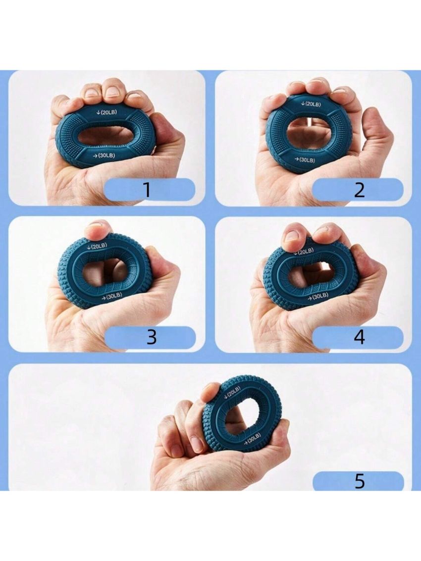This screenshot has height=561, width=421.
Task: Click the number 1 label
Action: tap(147, 190)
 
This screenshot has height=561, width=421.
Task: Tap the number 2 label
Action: tap(359, 190)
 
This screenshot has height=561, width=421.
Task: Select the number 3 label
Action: tap(152, 337)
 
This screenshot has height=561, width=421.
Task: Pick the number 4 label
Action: tap(359, 337)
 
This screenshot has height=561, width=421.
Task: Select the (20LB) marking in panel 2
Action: tap(312, 104)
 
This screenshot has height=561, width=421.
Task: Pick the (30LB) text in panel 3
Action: tap(114, 296)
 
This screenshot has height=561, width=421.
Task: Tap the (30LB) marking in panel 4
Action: tap(318, 296)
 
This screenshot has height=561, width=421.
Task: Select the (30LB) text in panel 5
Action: tap(253, 440)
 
